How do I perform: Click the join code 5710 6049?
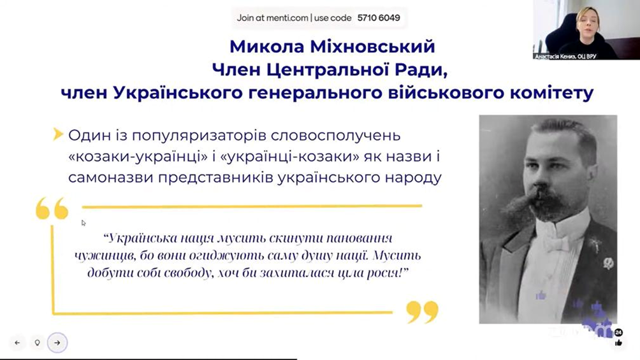(x=379, y=18)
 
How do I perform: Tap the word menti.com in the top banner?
(x=287, y=18)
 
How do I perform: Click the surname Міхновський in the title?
(x=373, y=47)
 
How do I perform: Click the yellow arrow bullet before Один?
(x=58, y=134)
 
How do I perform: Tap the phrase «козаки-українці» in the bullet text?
(x=138, y=157)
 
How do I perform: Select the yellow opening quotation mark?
(x=52, y=208)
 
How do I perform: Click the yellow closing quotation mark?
(x=423, y=312)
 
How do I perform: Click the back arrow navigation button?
(x=17, y=343)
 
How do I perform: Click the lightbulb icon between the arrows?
(x=37, y=343)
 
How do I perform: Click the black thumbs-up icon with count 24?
(x=619, y=338)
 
